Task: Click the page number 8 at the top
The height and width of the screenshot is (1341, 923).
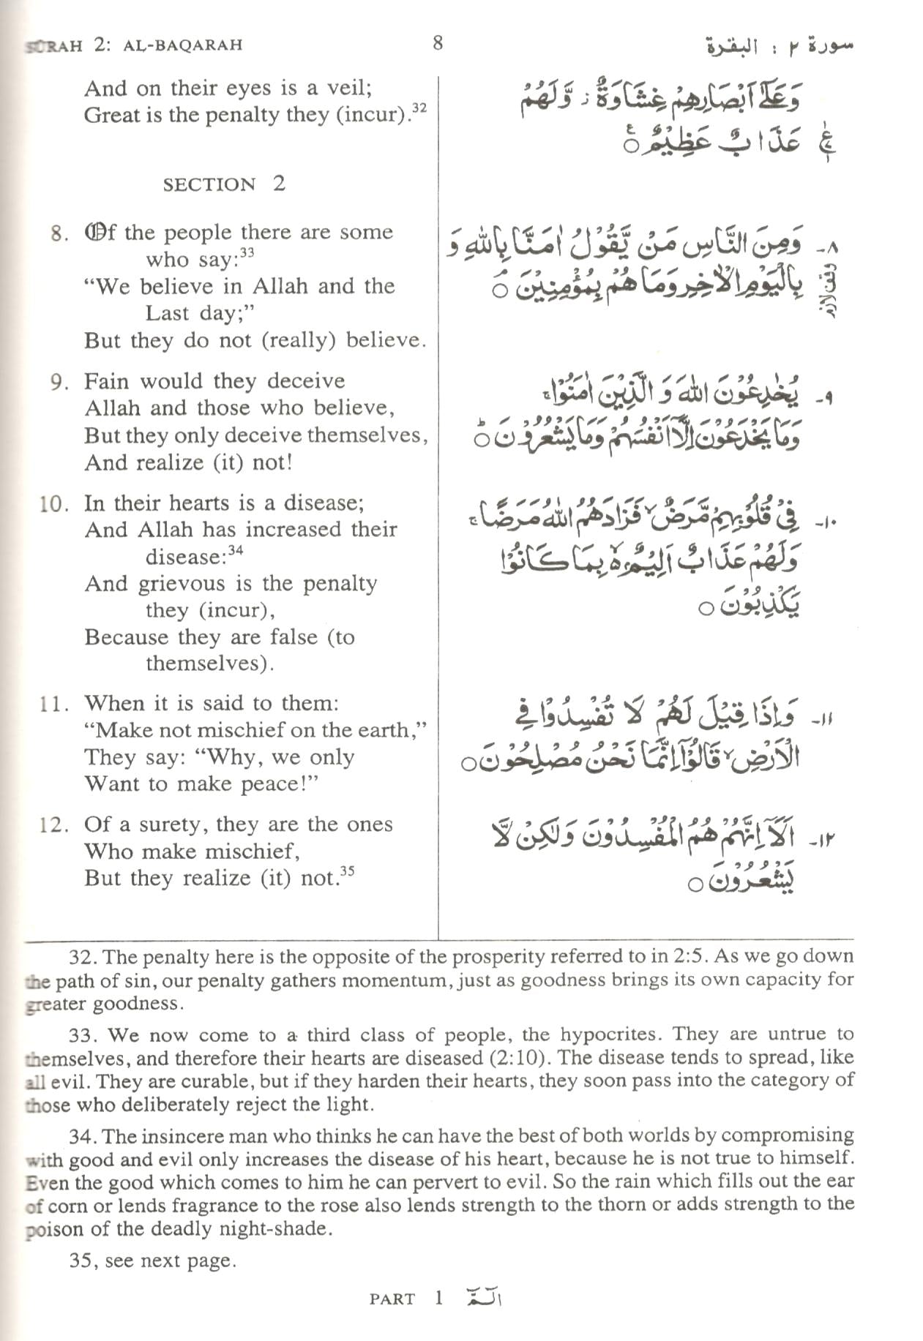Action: pos(438,43)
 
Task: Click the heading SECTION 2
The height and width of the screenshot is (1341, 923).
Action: pos(223,184)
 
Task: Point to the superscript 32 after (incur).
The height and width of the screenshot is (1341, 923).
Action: pos(419,108)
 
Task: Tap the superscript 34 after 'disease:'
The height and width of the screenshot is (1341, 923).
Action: pos(235,550)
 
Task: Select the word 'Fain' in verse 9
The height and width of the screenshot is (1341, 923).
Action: pos(105,381)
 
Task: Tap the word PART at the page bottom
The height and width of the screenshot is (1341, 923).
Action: pos(392,1299)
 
